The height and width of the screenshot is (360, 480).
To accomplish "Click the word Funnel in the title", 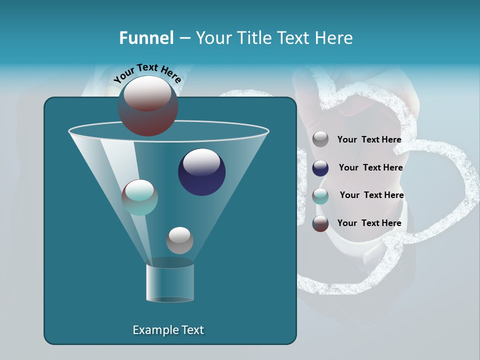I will pyautogui.click(x=146, y=38).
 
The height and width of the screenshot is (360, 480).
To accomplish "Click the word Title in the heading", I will pyautogui.click(x=253, y=38).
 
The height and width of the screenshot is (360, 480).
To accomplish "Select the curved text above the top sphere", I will pyautogui.click(x=147, y=72).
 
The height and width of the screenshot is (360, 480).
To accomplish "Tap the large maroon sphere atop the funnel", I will pyautogui.click(x=147, y=105).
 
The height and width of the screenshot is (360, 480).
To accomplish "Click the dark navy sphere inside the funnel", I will pyautogui.click(x=201, y=172).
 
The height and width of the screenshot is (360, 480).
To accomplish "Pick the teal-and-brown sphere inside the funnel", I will pyautogui.click(x=139, y=197).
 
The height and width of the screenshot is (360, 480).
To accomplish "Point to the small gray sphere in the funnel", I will pyautogui.click(x=179, y=240).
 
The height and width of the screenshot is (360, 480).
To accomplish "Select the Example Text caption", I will pyautogui.click(x=168, y=330).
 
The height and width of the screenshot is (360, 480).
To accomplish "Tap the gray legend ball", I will pyautogui.click(x=320, y=139).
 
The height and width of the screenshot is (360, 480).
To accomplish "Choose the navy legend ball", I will pyautogui.click(x=320, y=168).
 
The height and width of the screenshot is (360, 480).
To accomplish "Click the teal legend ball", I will pyautogui.click(x=320, y=196).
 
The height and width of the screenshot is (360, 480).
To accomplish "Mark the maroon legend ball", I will pyautogui.click(x=320, y=223).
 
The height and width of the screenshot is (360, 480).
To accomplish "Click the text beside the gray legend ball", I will pyautogui.click(x=369, y=140).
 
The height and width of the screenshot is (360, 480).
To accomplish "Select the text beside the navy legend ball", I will pyautogui.click(x=370, y=168).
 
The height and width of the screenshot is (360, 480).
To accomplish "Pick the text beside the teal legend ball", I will pyautogui.click(x=371, y=195).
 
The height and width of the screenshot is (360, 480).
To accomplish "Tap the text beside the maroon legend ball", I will pyautogui.click(x=369, y=223).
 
